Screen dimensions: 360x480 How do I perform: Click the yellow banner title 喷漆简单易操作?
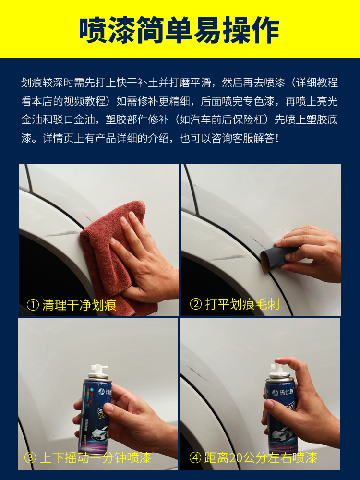180,30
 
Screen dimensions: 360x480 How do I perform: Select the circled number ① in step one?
33,305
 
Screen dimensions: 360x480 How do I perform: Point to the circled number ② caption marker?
196,304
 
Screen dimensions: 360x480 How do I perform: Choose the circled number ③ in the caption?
30,458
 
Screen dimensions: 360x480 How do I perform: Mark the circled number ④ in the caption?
195,458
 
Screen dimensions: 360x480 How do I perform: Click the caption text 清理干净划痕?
79,305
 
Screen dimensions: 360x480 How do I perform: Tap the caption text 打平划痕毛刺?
242,304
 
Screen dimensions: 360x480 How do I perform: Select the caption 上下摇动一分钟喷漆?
96,458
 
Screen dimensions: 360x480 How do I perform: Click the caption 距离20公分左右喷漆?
261,458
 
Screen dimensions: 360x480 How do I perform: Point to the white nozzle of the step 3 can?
98,371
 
